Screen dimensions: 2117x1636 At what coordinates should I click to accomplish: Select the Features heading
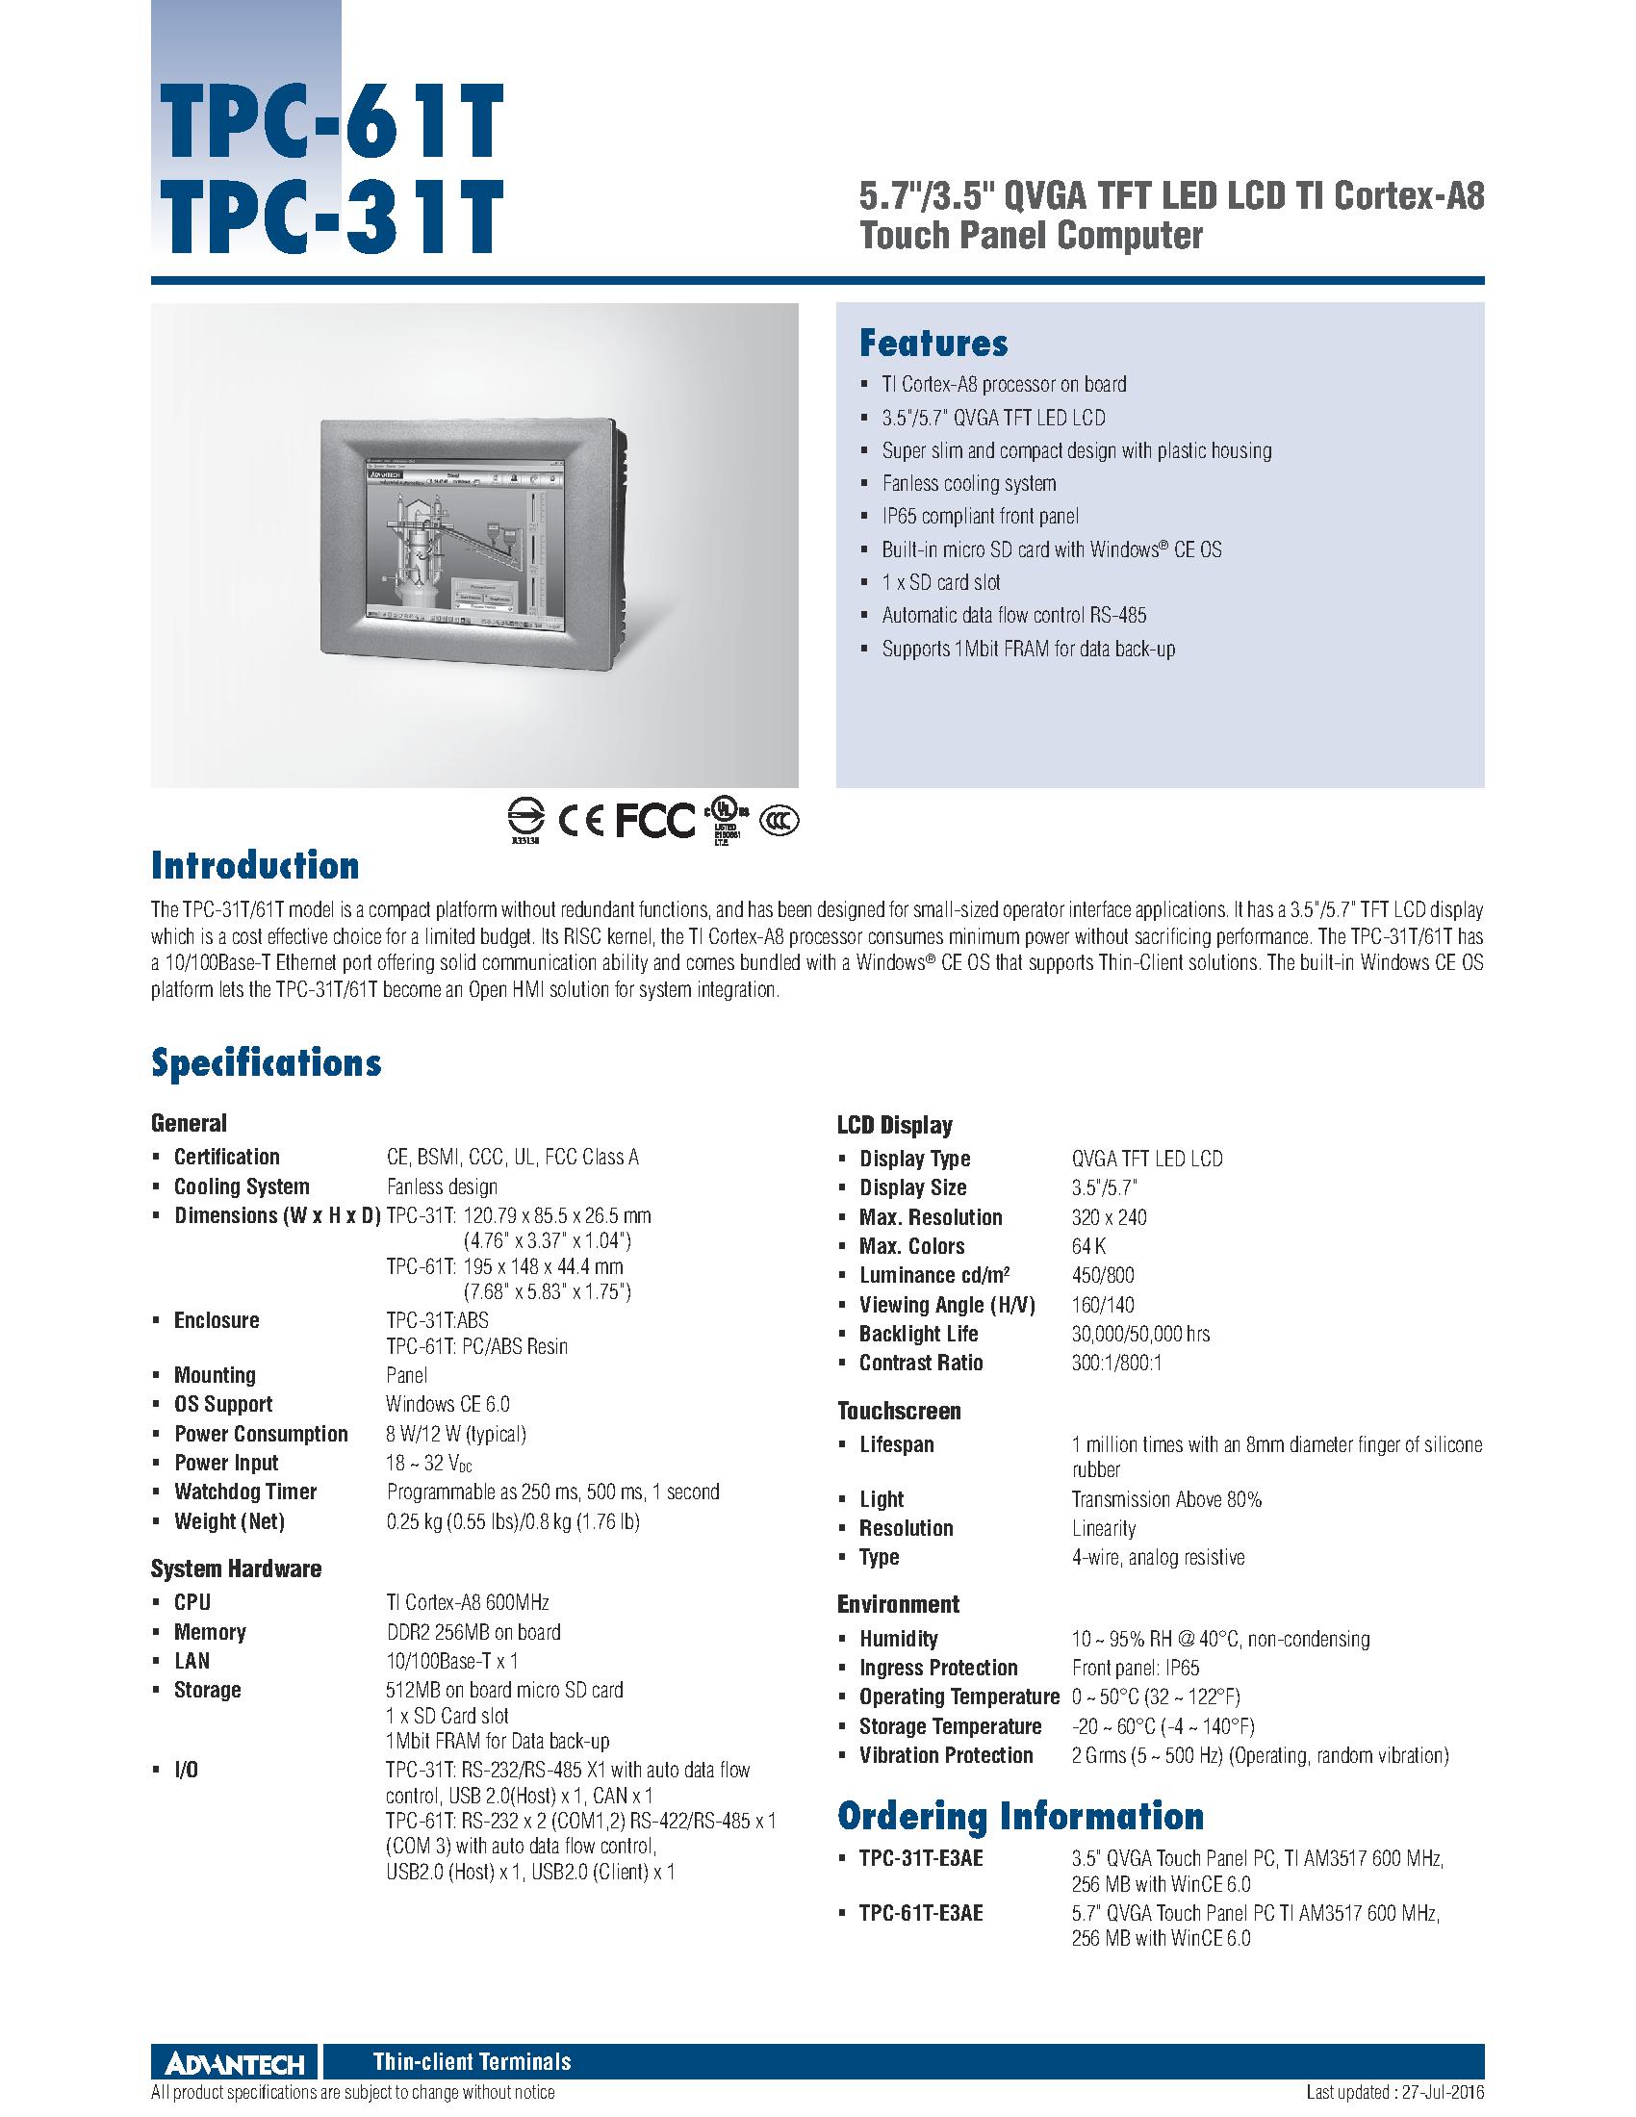[x=933, y=344]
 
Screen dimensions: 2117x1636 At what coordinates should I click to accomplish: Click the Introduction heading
[x=255, y=865]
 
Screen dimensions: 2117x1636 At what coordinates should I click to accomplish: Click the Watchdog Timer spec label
[x=245, y=1492]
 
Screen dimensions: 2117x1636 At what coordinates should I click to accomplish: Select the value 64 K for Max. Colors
[x=1088, y=1246]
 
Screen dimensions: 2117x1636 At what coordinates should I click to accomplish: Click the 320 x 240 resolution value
[x=1109, y=1217]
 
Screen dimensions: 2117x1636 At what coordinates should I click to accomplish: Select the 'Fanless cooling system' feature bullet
[x=968, y=483]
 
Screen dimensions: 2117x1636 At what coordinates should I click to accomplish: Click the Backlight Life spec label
[x=918, y=1334]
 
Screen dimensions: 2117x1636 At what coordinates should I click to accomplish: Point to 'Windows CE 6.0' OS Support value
[x=447, y=1404]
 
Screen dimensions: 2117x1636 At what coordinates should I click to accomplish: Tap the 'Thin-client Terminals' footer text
[x=472, y=2062]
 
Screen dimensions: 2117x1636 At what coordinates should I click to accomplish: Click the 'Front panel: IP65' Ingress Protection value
[x=1135, y=1668]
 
